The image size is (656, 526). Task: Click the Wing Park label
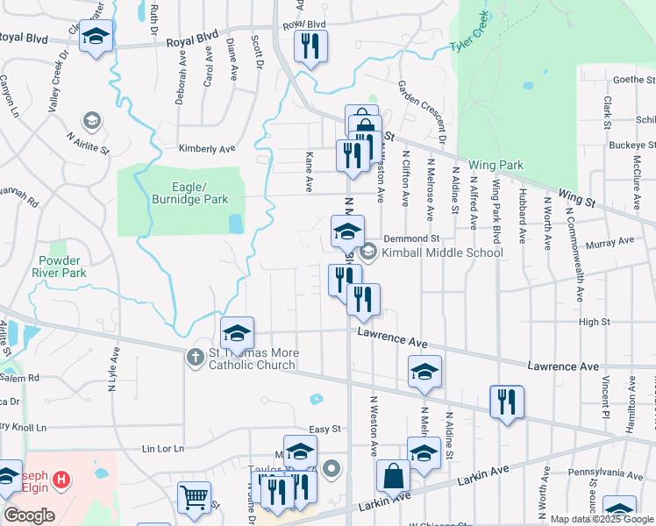pyautogui.click(x=496, y=165)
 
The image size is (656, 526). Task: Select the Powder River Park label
pyautogui.click(x=62, y=267)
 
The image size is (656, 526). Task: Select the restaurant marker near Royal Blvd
pyautogui.click(x=310, y=47)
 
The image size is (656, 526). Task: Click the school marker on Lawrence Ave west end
pyautogui.click(x=237, y=334)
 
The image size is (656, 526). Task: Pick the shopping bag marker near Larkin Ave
pyautogui.click(x=394, y=478)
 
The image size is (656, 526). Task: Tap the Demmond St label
pyautogui.click(x=417, y=238)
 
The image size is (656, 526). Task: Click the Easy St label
pyautogui.click(x=324, y=429)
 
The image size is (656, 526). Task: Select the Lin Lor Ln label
pyautogui.click(x=164, y=449)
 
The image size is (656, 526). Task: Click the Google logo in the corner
pyautogui.click(x=28, y=515)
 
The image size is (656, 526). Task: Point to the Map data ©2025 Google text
pyautogui.click(x=601, y=519)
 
